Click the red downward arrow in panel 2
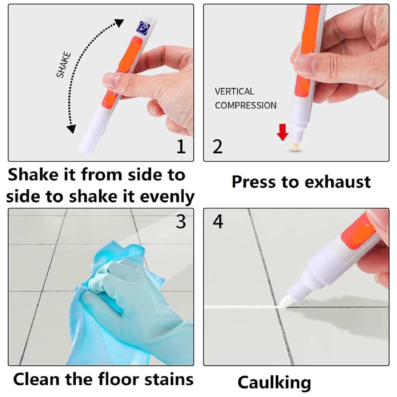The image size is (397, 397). [282, 133]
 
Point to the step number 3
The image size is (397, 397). [181, 222]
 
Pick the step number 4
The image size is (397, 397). [218, 222]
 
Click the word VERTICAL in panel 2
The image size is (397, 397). [234, 91]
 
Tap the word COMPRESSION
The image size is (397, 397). [246, 105]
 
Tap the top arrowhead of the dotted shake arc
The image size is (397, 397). [120, 23]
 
